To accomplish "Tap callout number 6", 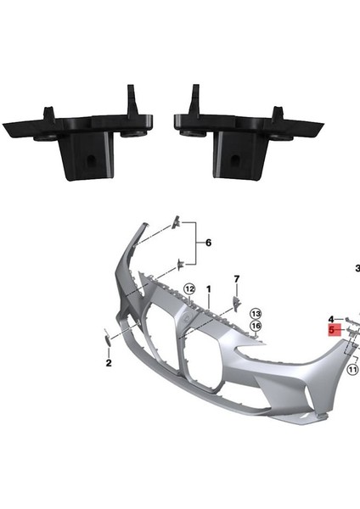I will pyautogui.click(x=207, y=243).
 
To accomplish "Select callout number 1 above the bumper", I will pyautogui.click(x=208, y=289).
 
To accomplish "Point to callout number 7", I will pyautogui.click(x=237, y=279).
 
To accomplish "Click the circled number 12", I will pyautogui.click(x=189, y=289).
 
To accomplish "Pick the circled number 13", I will pyautogui.click(x=255, y=314).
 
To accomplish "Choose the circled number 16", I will pyautogui.click(x=255, y=327).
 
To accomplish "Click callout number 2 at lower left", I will pyautogui.click(x=109, y=362).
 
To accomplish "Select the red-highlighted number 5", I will pyautogui.click(x=334, y=329).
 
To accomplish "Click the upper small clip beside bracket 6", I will pyautogui.click(x=177, y=222).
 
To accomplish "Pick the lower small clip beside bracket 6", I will pyautogui.click(x=179, y=264).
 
